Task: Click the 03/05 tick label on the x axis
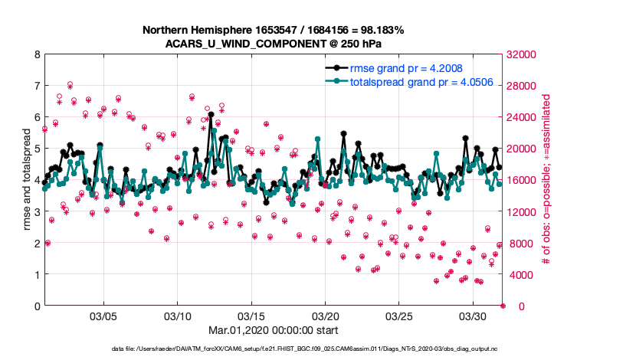103,316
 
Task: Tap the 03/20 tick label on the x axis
325,316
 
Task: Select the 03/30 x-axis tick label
473,316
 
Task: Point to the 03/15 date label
251,316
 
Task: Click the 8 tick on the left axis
37,54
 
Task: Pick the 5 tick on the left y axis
37,149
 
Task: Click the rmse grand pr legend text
406,68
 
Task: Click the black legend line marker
333,68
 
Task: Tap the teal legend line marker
333,81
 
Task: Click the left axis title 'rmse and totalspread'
27,180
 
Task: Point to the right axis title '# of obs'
546,180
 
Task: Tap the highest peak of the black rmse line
211,114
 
